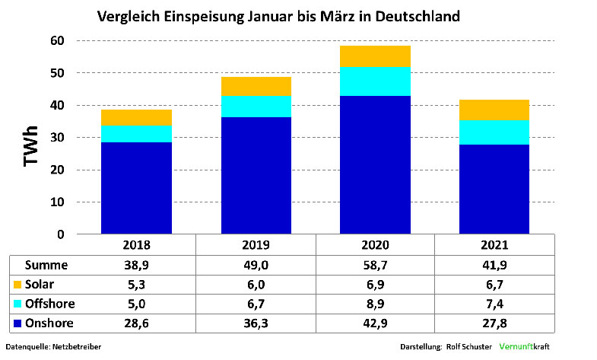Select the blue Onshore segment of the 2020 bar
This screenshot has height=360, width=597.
click(x=376, y=164)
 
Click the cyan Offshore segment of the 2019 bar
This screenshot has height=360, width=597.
click(x=256, y=106)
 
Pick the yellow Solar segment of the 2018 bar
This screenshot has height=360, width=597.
click(x=136, y=117)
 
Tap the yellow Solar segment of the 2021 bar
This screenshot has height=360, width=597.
click(x=494, y=110)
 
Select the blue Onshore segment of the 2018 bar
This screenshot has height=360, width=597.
click(x=136, y=187)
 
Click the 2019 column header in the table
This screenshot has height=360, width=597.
click(x=256, y=246)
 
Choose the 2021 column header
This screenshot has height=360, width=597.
click(x=494, y=246)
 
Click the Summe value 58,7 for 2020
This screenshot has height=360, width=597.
click(x=376, y=265)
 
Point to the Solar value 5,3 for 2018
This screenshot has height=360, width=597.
click(x=136, y=285)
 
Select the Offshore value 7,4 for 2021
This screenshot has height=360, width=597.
click(x=494, y=304)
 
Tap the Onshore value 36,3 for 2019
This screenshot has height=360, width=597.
click(x=256, y=323)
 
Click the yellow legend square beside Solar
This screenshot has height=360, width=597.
click(x=17, y=285)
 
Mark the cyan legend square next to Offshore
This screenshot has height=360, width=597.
click(x=17, y=304)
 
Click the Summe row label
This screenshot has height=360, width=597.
click(x=47, y=265)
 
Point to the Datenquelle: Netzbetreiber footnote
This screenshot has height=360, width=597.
click(x=53, y=347)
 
